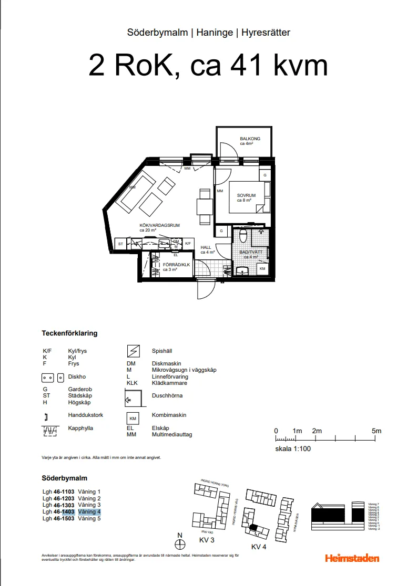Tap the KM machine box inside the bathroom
(x=262, y=269)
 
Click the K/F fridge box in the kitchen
(x=188, y=244)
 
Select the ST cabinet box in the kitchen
(x=120, y=244)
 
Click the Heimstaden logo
(x=352, y=558)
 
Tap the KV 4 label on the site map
(x=259, y=547)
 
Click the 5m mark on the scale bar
(x=376, y=431)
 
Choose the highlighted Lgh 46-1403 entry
(x=71, y=511)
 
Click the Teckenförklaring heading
(x=69, y=333)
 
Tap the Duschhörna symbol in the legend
(x=132, y=398)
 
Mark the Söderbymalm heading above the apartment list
(x=64, y=478)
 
